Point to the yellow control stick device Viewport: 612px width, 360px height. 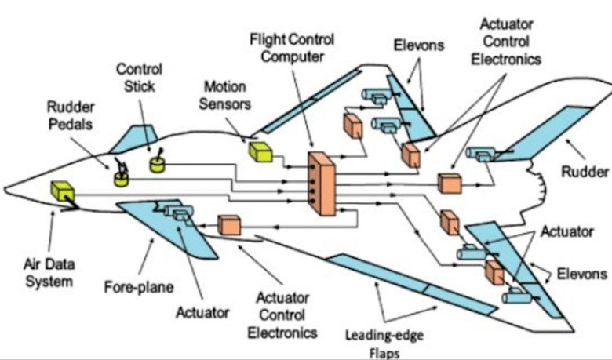pyautogui.click(x=160, y=164)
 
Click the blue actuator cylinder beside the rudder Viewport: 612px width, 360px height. pyautogui.click(x=478, y=155)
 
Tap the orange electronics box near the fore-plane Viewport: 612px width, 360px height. pyautogui.click(x=228, y=225)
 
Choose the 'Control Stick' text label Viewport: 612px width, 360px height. pyautogui.click(x=139, y=77)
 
